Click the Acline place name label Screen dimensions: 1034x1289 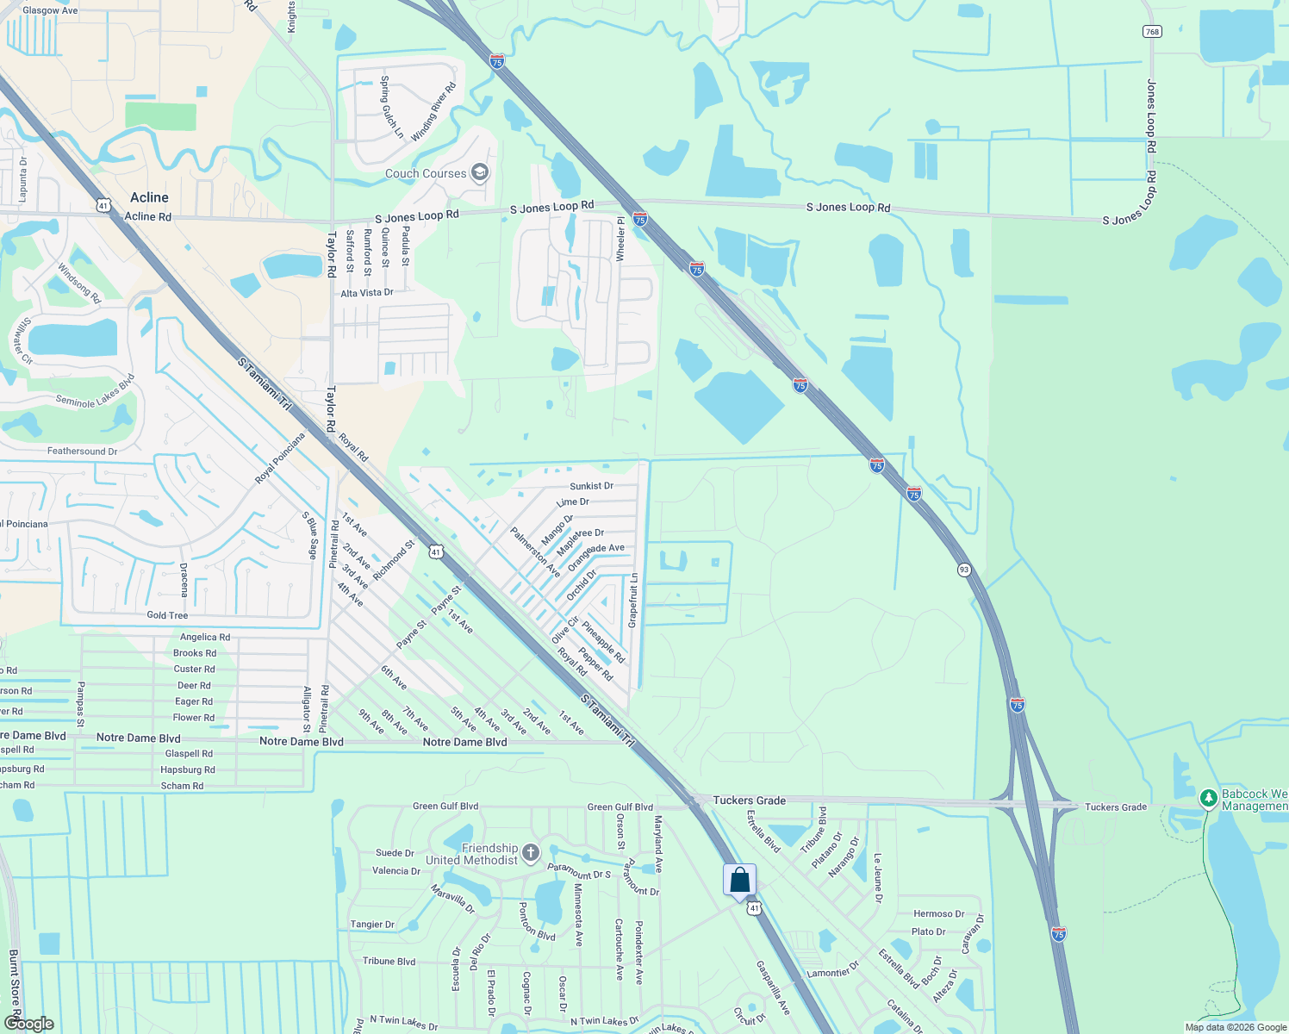tap(149, 197)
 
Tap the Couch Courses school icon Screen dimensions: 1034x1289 tap(480, 173)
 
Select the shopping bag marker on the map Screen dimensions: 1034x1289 tap(739, 880)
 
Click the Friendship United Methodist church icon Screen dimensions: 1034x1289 tap(531, 853)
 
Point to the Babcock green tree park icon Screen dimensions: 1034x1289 tap(1209, 799)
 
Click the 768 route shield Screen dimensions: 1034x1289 tap(1152, 31)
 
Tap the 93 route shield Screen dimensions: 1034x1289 tap(964, 570)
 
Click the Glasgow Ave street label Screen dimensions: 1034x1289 tap(50, 10)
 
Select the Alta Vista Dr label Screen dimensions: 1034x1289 tap(367, 293)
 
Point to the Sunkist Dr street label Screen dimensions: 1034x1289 tap(591, 486)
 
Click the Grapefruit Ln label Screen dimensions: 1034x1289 tap(633, 601)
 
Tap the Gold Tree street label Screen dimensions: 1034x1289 tap(167, 615)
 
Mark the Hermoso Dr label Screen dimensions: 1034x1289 tap(938, 913)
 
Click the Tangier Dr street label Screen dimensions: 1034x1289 tap(372, 925)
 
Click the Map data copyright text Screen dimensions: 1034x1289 tap(1236, 1027)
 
